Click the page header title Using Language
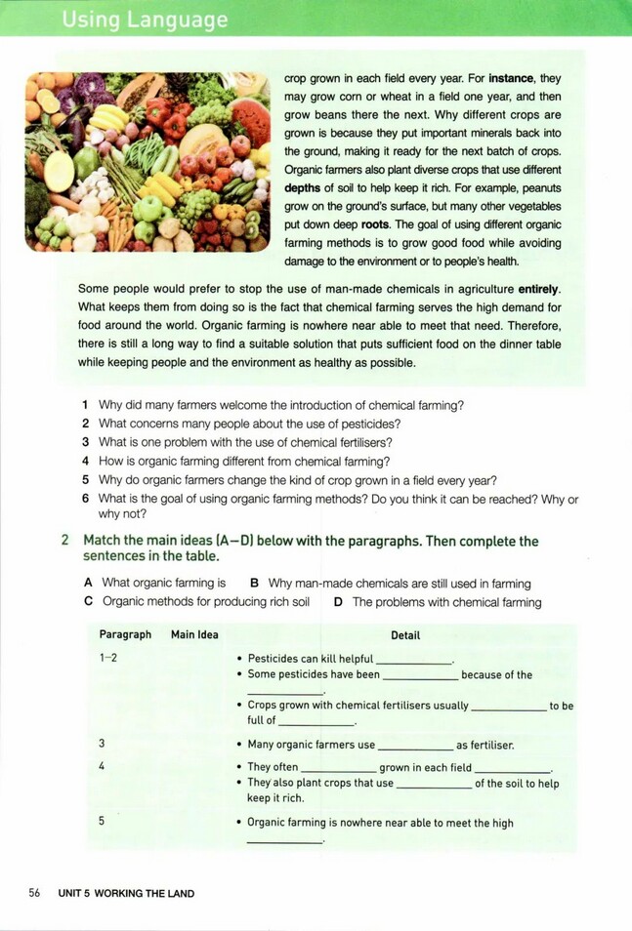coord(144,20)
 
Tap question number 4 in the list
coord(86,462)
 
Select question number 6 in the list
coord(86,499)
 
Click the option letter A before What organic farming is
coord(90,584)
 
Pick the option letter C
coord(90,602)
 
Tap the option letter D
coord(338,602)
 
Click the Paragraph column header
coord(125,634)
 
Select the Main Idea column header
coord(194,634)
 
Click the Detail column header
coord(405,635)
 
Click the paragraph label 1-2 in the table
coord(107,658)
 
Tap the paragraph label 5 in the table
coord(102,821)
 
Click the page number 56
coord(34,893)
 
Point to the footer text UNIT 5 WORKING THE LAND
coord(126,893)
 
